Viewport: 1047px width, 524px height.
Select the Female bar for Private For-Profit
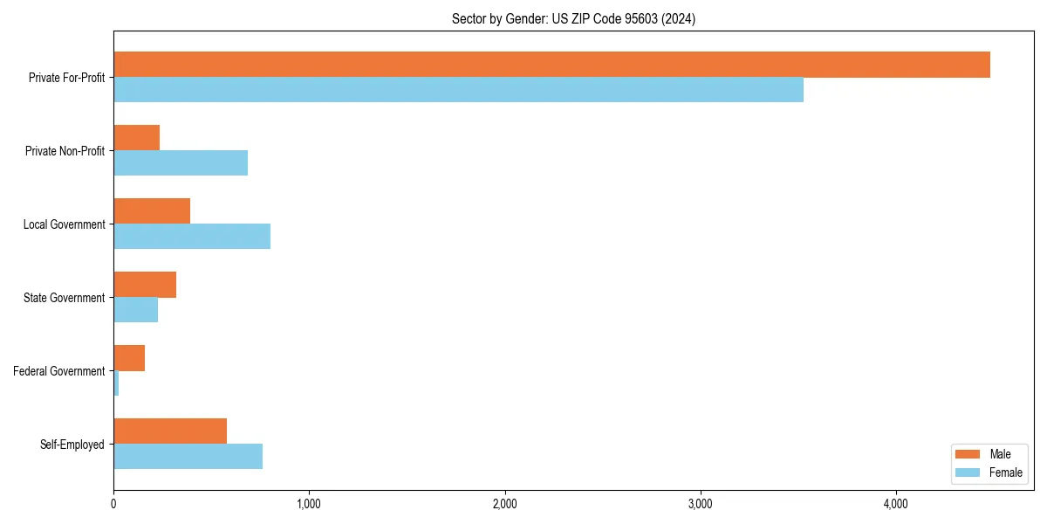[x=458, y=90]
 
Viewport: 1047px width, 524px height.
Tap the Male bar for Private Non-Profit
[x=137, y=138]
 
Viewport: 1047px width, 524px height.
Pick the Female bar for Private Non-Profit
[x=181, y=163]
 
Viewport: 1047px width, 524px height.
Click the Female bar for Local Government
[x=192, y=237]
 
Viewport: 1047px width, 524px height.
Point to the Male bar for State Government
[x=145, y=285]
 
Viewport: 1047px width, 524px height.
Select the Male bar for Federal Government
[x=129, y=358]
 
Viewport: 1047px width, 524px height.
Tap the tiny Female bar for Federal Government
[x=116, y=383]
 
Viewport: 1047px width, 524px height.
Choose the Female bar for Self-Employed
[x=188, y=457]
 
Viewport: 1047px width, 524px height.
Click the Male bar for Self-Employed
[x=170, y=431]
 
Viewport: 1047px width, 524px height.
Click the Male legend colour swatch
[x=968, y=454]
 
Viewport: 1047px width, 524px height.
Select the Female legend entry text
[x=1006, y=472]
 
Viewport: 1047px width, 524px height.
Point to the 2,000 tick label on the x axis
[x=504, y=503]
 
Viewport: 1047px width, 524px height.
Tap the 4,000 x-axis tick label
[x=896, y=503]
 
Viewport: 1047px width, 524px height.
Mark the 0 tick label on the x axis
[x=113, y=503]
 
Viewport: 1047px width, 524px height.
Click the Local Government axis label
[x=64, y=224]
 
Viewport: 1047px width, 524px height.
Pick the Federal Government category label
[x=58, y=371]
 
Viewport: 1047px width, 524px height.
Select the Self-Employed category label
[x=72, y=445]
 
